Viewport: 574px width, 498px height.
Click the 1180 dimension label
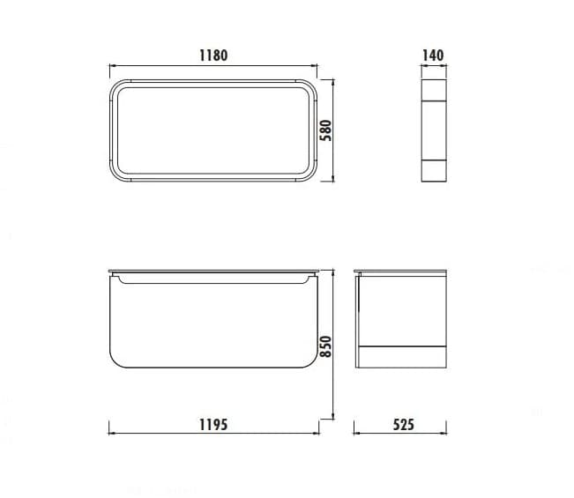point(212,55)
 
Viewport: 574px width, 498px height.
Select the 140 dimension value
point(433,55)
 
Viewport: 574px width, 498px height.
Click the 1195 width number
point(212,424)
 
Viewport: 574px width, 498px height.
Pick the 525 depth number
point(402,424)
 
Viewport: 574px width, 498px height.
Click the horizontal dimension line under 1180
point(212,65)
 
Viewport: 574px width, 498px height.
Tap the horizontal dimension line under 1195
point(212,433)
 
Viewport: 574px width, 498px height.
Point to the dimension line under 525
point(401,433)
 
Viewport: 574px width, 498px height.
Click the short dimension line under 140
point(433,65)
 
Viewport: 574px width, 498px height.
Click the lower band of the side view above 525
point(402,355)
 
